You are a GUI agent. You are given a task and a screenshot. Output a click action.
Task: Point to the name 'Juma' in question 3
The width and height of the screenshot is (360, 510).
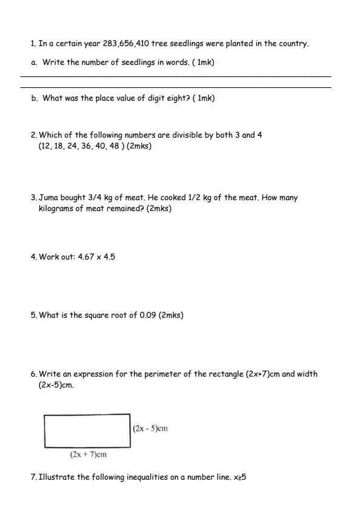pyautogui.click(x=49, y=198)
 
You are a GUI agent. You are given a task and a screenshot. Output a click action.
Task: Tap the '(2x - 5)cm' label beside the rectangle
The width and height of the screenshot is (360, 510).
pyautogui.click(x=150, y=429)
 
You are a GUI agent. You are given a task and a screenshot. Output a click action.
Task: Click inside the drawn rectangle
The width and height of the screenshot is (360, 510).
pyautogui.click(x=87, y=431)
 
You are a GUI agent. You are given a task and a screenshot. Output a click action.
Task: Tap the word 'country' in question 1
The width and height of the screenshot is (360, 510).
pyautogui.click(x=293, y=44)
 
